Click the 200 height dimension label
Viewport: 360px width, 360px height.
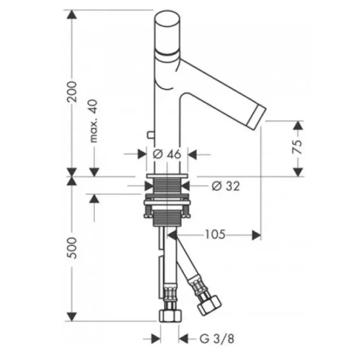[x=71, y=91]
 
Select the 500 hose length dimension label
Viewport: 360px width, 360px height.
[x=71, y=248]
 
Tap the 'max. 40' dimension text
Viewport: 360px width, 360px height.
[x=94, y=121]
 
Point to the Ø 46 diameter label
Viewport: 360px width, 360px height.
[x=167, y=154]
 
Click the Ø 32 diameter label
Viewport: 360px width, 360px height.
[x=226, y=186]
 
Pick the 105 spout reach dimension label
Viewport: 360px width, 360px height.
[x=215, y=235]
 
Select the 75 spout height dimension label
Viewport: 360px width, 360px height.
[x=298, y=147]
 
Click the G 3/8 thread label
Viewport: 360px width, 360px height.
[x=217, y=338]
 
